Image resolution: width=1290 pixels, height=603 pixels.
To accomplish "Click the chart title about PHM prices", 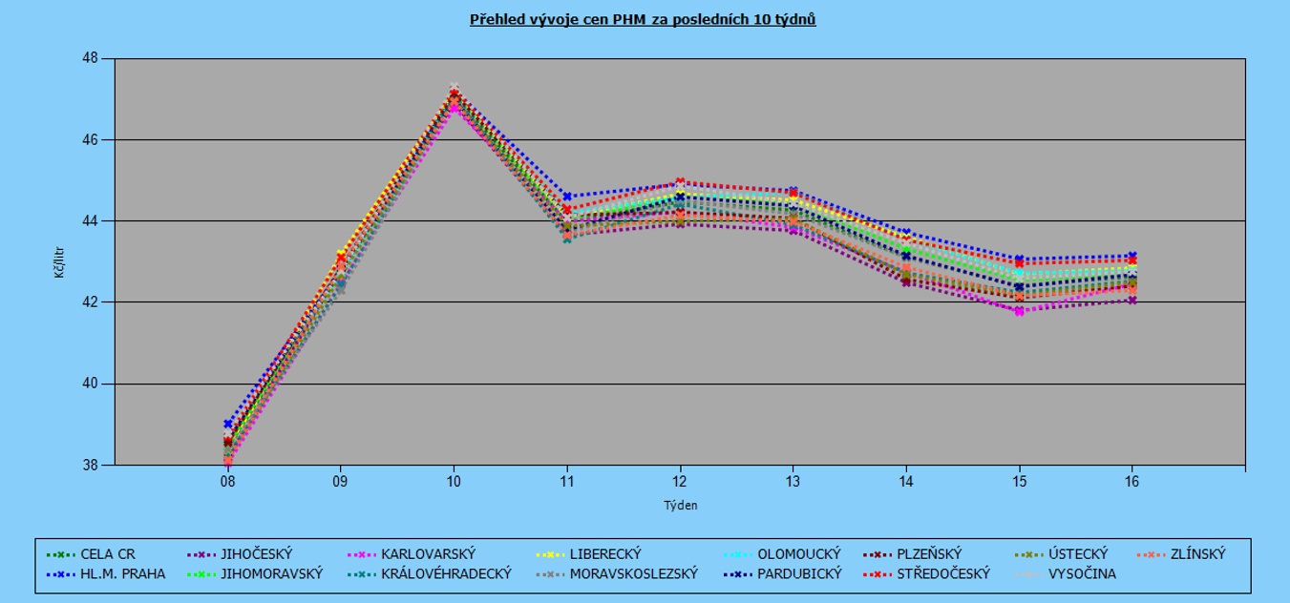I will click(643, 19).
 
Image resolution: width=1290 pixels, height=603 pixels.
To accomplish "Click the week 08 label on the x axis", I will click(227, 482).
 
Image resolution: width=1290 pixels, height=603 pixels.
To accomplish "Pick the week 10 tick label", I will click(454, 482).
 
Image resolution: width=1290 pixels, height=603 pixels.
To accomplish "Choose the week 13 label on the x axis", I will click(793, 482).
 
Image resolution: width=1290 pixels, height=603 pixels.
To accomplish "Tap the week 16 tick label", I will click(1131, 482).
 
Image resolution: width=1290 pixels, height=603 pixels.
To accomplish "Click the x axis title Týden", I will click(680, 505).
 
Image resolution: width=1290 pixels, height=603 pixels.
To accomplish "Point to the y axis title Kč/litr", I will click(59, 261).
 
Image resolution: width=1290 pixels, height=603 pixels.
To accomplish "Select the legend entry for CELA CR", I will click(108, 553).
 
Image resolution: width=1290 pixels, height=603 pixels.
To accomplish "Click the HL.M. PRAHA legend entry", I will click(122, 573).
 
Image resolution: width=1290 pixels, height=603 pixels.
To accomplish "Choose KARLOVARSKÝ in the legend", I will click(428, 553).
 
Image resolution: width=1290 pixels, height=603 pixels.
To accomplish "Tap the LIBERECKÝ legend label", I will click(605, 553).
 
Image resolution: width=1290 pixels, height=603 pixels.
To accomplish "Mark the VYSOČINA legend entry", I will click(1082, 573).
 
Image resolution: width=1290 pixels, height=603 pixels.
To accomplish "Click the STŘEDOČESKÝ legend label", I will click(943, 573).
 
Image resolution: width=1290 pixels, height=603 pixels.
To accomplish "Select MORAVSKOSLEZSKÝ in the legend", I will click(634, 573).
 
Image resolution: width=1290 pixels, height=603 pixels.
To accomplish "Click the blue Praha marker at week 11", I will click(566, 197).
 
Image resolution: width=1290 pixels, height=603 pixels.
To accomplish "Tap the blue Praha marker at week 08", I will click(227, 424).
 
